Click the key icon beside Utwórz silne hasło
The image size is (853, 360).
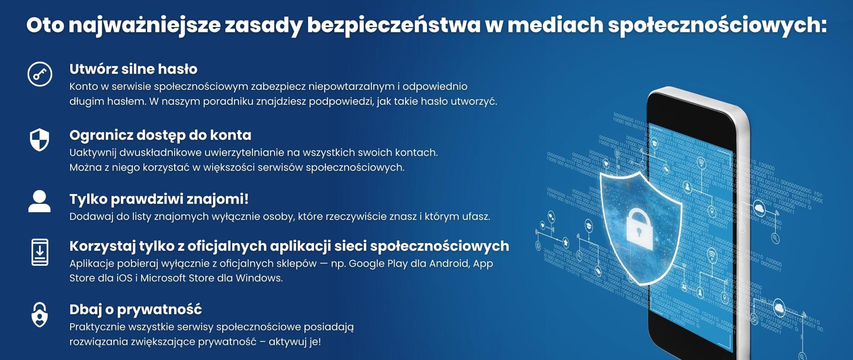click(40, 74)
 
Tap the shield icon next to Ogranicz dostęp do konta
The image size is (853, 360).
click(40, 140)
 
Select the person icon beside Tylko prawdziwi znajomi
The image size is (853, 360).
click(40, 201)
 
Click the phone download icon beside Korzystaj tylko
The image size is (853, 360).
click(40, 252)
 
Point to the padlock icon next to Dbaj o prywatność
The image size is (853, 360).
click(40, 314)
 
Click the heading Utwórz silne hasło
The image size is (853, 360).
click(133, 69)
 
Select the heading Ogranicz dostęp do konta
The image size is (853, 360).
click(160, 135)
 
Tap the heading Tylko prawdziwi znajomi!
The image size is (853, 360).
click(159, 199)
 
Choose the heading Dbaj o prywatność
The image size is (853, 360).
click(136, 309)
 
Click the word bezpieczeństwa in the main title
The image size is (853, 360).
click(394, 25)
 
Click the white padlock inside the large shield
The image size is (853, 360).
click(639, 228)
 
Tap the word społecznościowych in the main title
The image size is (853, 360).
click(717, 25)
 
